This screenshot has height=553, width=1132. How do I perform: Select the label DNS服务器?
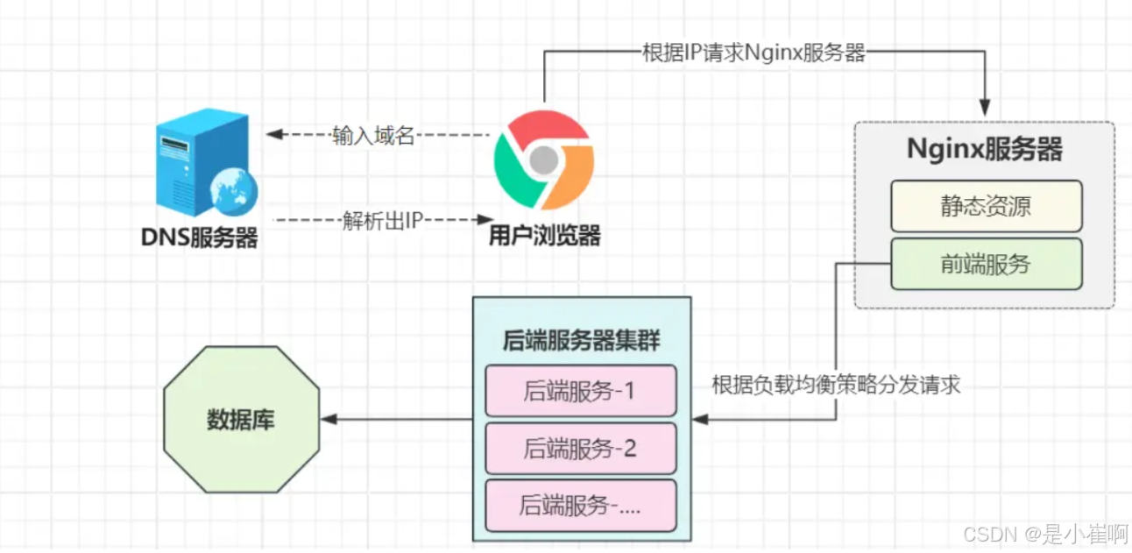pos(200,238)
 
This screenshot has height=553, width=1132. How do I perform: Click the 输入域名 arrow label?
pos(373,136)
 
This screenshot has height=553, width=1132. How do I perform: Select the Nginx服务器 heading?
pos(985,149)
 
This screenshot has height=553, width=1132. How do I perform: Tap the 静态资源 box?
pos(987,206)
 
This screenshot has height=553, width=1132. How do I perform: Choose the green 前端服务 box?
pos(987,264)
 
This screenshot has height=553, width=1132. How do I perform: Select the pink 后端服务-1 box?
pos(581,391)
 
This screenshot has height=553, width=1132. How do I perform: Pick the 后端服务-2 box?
pos(581,449)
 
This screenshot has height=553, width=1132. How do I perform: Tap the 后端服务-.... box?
pos(581,505)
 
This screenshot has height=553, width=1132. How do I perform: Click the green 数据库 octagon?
pos(241,420)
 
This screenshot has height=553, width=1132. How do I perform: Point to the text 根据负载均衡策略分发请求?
pos(837,386)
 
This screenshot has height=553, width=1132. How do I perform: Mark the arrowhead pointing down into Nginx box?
pos(985,110)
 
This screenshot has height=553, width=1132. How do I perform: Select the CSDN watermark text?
pos(1042,534)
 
